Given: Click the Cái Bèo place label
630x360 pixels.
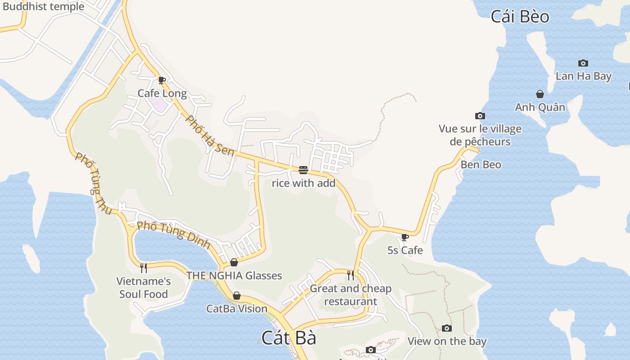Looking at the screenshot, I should pyautogui.click(x=520, y=17).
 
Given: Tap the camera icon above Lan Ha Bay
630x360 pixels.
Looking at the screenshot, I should pyautogui.click(x=583, y=63).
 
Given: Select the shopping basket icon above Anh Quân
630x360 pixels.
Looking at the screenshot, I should pyautogui.click(x=540, y=94).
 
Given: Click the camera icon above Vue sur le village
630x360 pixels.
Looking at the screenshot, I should pyautogui.click(x=480, y=116).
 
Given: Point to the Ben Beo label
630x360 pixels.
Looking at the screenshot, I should pyautogui.click(x=481, y=165).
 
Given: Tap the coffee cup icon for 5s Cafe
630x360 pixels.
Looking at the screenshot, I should pyautogui.click(x=405, y=237).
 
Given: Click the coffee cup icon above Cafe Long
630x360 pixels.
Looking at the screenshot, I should pyautogui.click(x=162, y=81).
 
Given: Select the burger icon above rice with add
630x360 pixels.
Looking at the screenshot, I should pyautogui.click(x=303, y=170).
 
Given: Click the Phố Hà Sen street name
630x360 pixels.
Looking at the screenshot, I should pyautogui.click(x=210, y=135).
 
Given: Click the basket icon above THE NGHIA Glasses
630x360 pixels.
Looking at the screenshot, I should pyautogui.click(x=234, y=262).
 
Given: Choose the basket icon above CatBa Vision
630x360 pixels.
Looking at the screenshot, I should pyautogui.click(x=237, y=296).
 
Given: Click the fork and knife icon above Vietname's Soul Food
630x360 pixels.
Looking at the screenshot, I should pyautogui.click(x=144, y=268).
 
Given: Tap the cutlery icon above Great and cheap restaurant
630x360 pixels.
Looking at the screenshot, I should pyautogui.click(x=350, y=275).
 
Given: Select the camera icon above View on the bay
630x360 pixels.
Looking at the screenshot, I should pyautogui.click(x=447, y=328).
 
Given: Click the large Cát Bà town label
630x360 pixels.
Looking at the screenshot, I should pyautogui.click(x=289, y=338).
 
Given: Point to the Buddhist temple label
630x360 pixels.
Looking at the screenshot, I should pyautogui.click(x=43, y=6).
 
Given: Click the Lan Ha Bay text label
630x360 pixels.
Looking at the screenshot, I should pyautogui.click(x=583, y=76).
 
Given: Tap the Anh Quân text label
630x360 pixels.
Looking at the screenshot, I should pyautogui.click(x=540, y=107).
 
